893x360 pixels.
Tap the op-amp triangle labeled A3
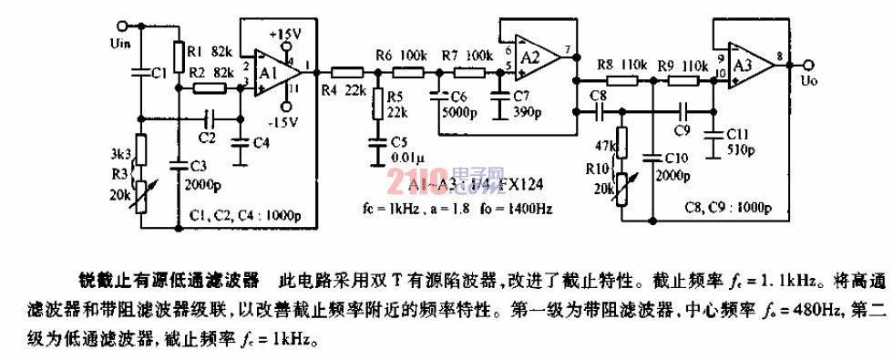pos(745,65)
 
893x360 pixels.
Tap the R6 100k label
pos(401,56)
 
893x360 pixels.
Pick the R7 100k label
pos(467,56)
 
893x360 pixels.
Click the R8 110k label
pos(622,65)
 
